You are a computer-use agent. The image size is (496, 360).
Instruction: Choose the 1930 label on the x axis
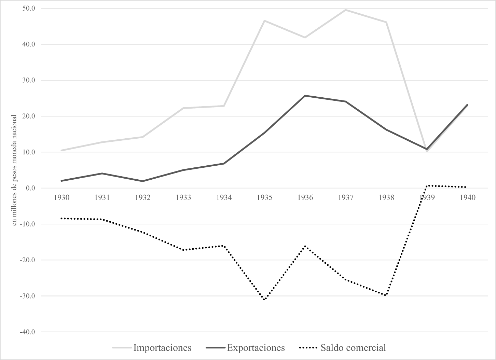[x=61, y=197]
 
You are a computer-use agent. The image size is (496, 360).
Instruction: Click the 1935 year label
[x=264, y=197]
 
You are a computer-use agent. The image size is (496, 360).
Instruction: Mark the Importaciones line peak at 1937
[x=346, y=10]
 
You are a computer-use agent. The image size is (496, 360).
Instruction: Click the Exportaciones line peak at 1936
[x=305, y=96]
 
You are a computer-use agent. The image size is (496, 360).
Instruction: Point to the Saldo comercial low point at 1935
[x=264, y=300]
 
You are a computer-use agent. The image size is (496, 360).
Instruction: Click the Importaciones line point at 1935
[x=264, y=21]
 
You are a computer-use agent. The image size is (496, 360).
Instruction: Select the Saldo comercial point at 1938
[x=386, y=295]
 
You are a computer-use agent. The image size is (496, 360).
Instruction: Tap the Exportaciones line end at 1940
[x=467, y=105]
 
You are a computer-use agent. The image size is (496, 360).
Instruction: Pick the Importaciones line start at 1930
[x=61, y=150]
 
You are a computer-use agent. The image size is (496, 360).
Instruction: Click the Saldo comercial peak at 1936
[x=305, y=246]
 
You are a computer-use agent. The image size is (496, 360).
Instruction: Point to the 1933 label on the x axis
[x=183, y=197]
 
